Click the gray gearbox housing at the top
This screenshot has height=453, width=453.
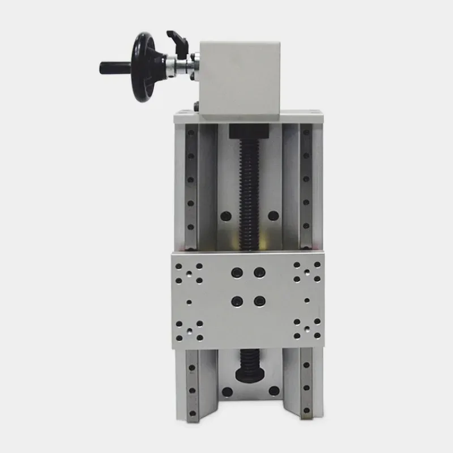point(240,79)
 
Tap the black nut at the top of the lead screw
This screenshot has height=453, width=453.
point(248,134)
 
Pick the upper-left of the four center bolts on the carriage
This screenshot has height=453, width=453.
point(237,272)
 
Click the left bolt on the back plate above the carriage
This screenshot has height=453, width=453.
point(225,216)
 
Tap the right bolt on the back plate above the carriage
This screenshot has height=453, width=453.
point(273,216)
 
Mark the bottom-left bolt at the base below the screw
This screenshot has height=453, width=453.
point(227,391)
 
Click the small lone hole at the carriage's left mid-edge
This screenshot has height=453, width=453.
point(189,301)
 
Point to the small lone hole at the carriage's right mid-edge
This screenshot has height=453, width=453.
point(307,301)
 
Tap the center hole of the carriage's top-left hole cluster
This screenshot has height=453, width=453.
point(189,272)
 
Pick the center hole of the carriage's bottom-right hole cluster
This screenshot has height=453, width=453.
point(307,329)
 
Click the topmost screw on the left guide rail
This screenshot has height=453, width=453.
point(191,133)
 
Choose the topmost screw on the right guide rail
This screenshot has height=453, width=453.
point(306,133)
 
